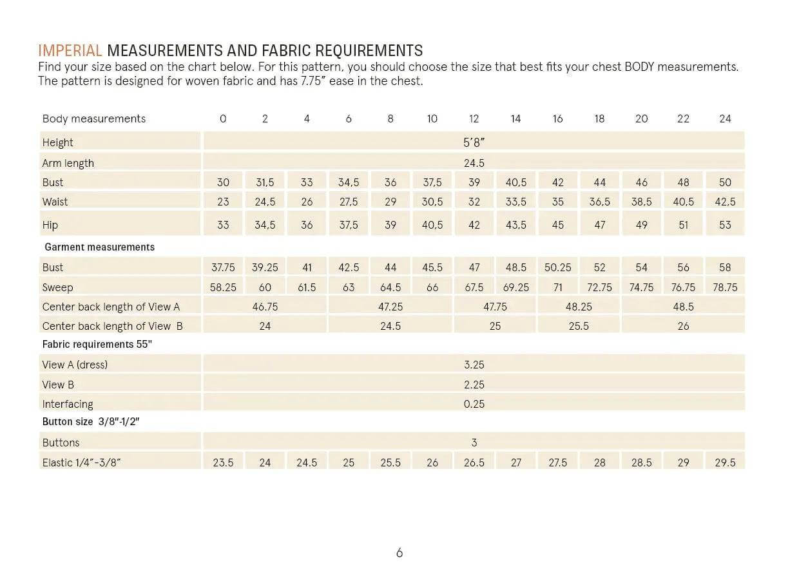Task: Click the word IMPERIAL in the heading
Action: click(70, 51)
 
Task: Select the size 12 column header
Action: click(474, 119)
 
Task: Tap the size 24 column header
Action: click(725, 119)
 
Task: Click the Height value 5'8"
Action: click(474, 142)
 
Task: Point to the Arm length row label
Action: click(68, 163)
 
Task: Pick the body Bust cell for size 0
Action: click(223, 182)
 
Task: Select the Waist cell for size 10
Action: click(432, 202)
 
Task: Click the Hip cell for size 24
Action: click(725, 225)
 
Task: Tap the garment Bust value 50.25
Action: click(558, 267)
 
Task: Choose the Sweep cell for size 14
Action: click(516, 287)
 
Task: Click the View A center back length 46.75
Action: click(265, 307)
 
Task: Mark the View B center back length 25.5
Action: click(579, 326)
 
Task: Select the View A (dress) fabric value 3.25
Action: click(474, 365)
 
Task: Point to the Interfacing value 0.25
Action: click(474, 404)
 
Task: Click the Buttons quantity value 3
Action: click(474, 443)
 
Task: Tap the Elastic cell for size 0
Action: click(223, 463)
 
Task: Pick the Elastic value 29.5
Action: click(725, 463)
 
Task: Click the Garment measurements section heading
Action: click(100, 247)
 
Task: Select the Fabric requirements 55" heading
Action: click(97, 344)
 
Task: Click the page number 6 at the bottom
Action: click(400, 553)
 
